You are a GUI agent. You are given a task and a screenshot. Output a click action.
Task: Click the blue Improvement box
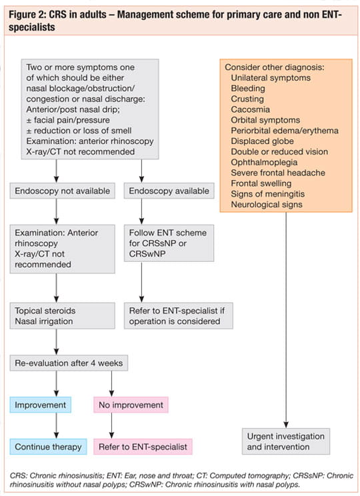(x=41, y=405)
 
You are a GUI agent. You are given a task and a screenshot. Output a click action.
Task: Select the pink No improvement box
(x=131, y=405)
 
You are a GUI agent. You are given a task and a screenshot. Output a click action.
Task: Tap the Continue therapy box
(x=48, y=447)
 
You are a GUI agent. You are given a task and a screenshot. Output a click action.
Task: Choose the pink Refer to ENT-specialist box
(x=143, y=447)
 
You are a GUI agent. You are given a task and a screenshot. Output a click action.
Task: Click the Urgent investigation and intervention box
(x=286, y=441)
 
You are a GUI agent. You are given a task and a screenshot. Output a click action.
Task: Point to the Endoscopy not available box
(x=62, y=191)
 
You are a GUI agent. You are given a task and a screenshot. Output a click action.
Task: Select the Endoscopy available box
(x=169, y=191)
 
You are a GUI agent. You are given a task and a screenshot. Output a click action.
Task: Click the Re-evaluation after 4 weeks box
(x=69, y=363)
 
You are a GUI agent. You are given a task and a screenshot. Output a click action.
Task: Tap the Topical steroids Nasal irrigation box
(x=62, y=316)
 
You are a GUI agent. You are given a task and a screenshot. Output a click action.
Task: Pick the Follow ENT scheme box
(x=169, y=243)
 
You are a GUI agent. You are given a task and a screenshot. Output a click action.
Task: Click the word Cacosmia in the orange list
(x=250, y=109)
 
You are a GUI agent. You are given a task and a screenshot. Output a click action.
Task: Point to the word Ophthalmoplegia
(x=264, y=162)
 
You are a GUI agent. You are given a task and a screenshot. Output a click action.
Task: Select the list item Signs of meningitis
(x=267, y=194)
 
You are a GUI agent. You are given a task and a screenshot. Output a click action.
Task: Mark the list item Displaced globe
(x=262, y=141)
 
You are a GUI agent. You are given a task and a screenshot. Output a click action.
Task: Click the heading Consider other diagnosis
(x=275, y=67)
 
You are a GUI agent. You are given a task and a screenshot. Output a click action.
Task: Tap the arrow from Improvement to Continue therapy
(x=56, y=426)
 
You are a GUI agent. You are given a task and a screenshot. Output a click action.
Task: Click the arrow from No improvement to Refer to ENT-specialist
(x=111, y=426)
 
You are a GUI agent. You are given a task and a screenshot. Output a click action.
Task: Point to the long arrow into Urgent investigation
(x=286, y=320)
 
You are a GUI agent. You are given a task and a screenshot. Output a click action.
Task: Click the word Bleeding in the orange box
(x=248, y=88)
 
